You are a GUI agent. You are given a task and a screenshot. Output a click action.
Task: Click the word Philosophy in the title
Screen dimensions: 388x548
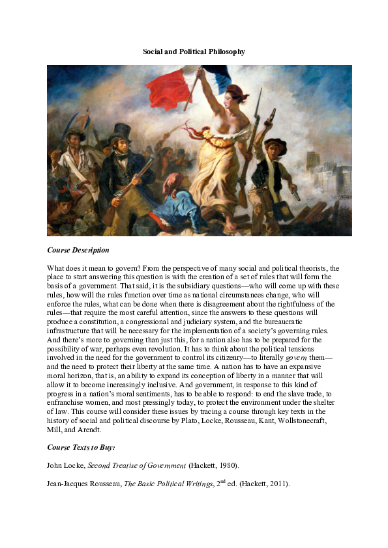click(224, 51)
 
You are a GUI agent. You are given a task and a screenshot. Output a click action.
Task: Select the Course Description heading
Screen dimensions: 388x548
click(78, 250)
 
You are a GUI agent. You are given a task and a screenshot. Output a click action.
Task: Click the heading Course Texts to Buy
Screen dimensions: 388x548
click(82, 448)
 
